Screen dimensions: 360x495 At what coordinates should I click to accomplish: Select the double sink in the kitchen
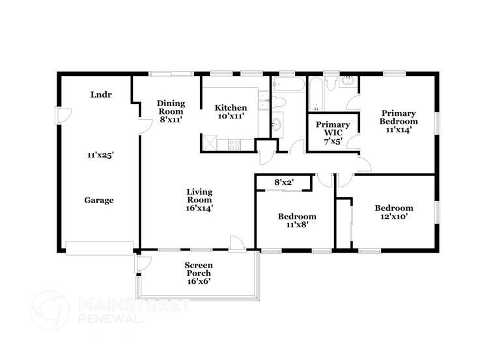263,101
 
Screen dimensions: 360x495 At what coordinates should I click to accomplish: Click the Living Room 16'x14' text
199,200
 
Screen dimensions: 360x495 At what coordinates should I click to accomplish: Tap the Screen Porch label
199,273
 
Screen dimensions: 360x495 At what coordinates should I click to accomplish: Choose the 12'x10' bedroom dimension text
393,217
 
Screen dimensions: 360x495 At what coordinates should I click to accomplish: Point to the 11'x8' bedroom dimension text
297,225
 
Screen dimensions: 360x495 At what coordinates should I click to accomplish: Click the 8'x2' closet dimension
283,183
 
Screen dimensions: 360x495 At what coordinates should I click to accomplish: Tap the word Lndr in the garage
101,94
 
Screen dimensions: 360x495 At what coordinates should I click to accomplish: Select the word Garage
99,201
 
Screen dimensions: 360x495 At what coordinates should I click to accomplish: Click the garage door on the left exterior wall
61,116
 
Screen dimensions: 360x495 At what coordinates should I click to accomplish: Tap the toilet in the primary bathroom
331,83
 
